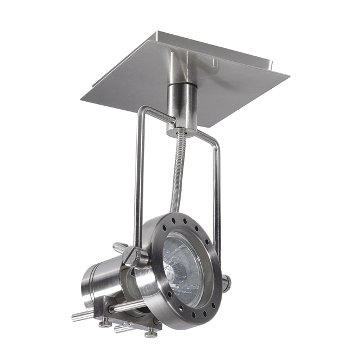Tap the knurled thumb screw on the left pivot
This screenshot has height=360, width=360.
tap(130, 256)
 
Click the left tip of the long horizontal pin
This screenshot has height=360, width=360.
tap(75, 317)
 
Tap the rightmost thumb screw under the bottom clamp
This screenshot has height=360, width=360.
tap(151, 333)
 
